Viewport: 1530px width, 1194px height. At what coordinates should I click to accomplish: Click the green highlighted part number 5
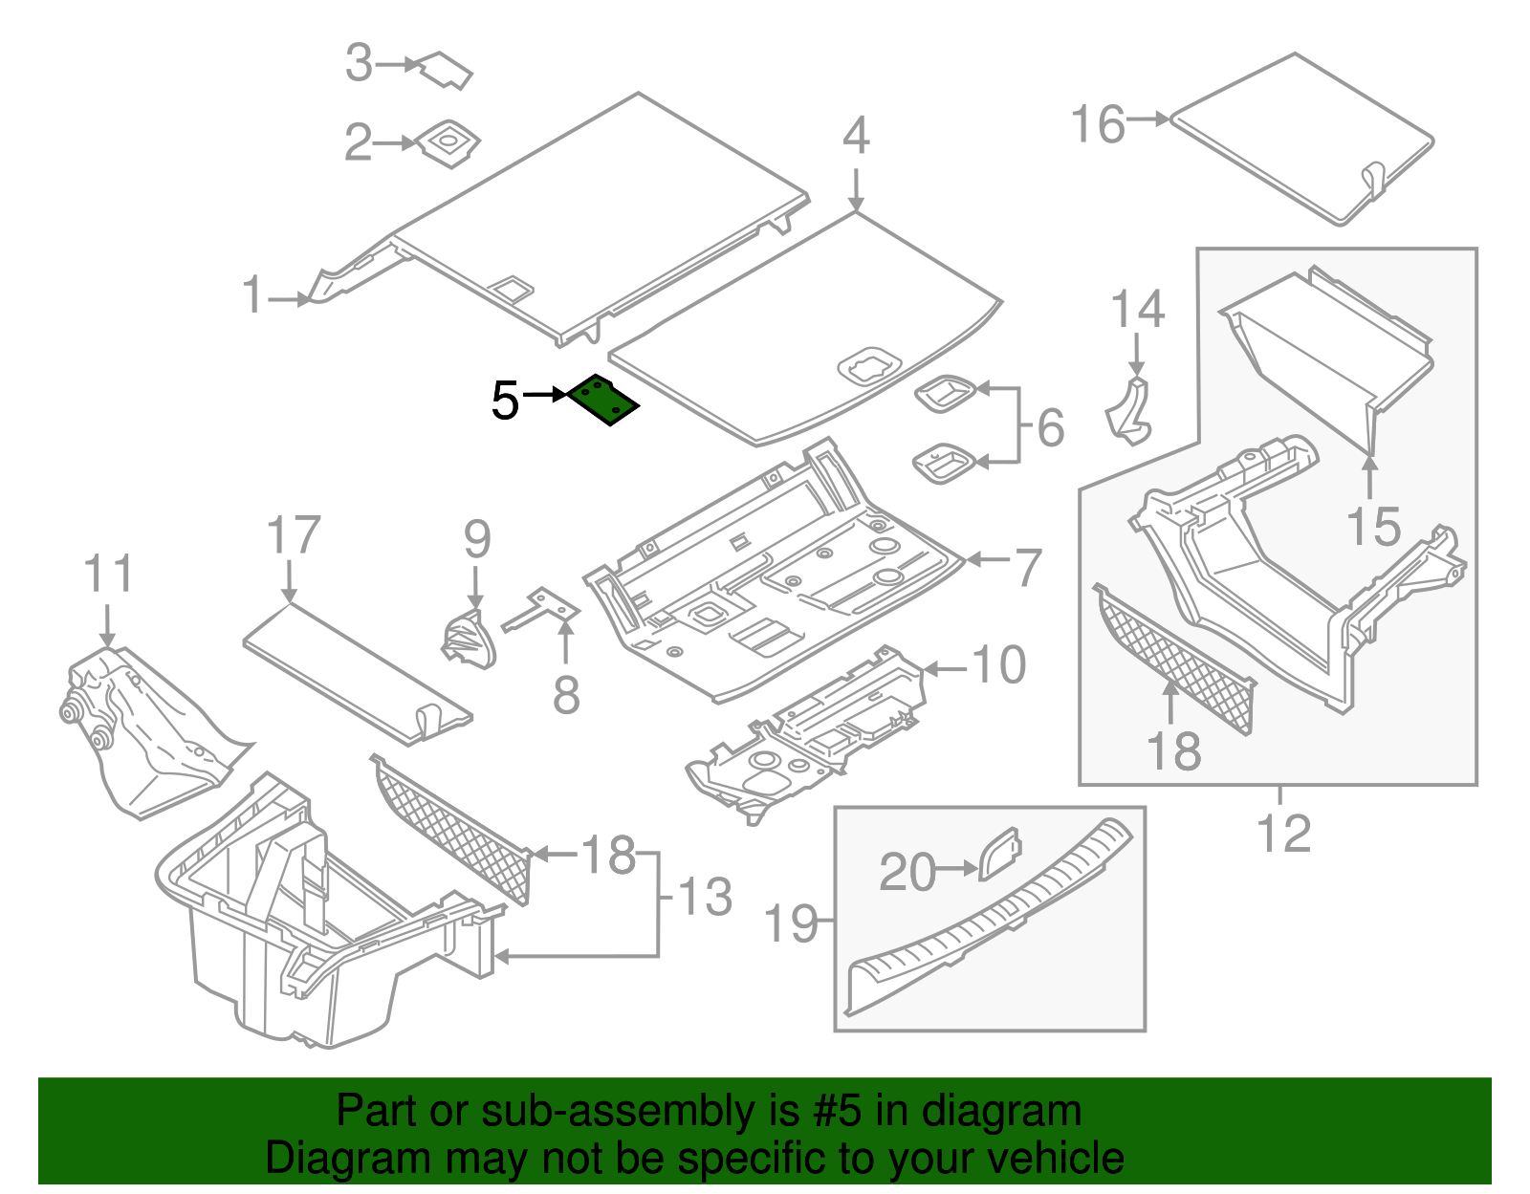[603, 400]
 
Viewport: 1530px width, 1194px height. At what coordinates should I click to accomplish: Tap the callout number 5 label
[505, 401]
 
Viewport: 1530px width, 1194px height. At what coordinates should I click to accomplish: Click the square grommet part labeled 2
[448, 144]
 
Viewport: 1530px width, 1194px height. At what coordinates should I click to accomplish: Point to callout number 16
[1098, 125]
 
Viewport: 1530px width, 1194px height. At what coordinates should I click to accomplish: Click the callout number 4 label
[856, 136]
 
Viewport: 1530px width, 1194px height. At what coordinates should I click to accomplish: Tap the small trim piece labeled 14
[1128, 413]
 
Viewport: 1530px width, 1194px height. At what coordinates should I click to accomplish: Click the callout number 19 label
[792, 923]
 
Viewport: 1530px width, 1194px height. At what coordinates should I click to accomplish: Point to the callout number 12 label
[1283, 834]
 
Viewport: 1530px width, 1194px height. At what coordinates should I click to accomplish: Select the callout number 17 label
[294, 535]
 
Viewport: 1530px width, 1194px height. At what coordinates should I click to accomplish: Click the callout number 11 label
[108, 575]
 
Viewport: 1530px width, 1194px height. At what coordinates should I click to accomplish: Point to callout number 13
[705, 898]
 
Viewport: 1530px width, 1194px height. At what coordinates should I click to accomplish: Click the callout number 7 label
[1027, 568]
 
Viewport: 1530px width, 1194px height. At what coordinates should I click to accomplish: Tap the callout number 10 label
[999, 665]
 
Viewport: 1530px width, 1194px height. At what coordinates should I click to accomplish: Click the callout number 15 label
[1373, 527]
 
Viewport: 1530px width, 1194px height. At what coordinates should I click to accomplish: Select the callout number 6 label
[1050, 427]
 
